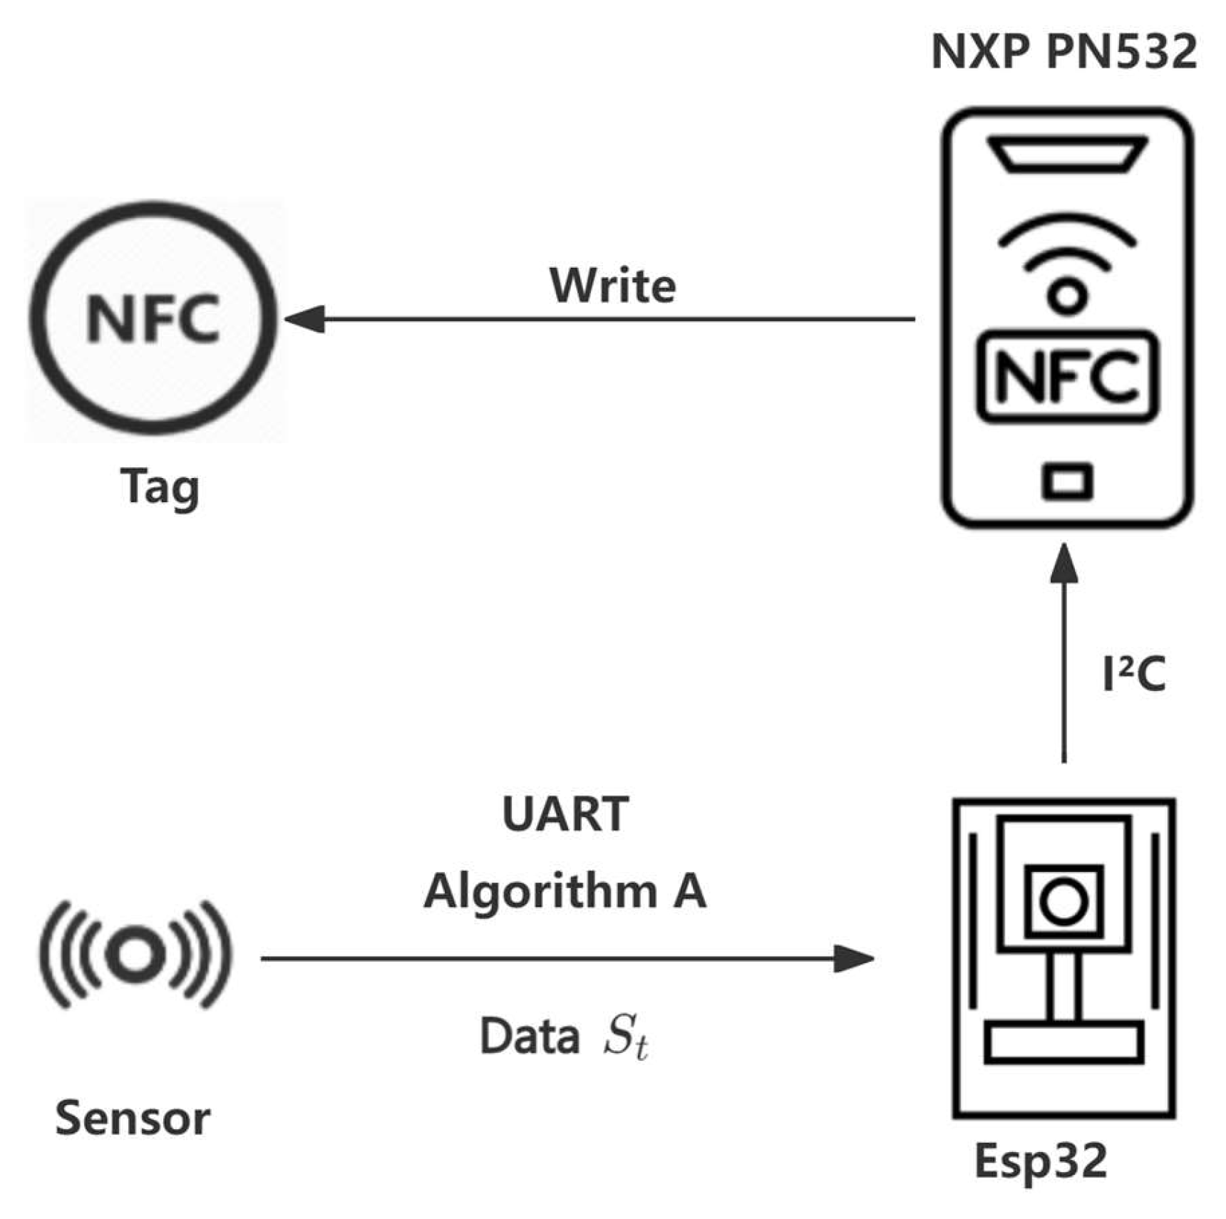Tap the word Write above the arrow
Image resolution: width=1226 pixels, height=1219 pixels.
point(612,286)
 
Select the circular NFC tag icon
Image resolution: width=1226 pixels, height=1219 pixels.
point(153,318)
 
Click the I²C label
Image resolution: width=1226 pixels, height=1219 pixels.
point(1133,674)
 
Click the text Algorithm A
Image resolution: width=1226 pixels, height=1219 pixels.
point(565,891)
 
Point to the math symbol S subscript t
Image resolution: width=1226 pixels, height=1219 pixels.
point(625,1037)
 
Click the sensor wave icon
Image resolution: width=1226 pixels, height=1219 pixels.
point(135,954)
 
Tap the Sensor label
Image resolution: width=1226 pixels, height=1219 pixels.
point(133,1118)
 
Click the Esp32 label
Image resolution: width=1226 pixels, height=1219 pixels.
point(1040,1161)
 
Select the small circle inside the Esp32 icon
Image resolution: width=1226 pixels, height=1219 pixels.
point(1063,901)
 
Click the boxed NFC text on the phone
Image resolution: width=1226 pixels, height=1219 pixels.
point(1066,376)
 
